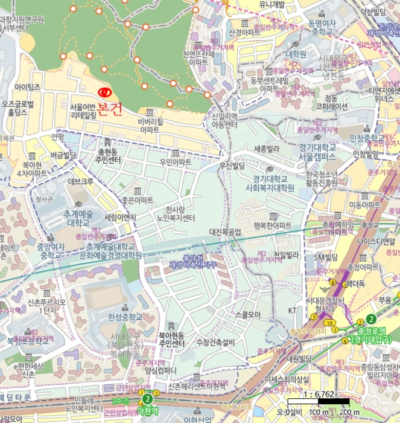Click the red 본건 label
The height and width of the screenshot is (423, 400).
(110, 109)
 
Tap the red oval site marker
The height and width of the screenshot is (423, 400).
(105, 92)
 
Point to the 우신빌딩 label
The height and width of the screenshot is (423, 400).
(232, 165)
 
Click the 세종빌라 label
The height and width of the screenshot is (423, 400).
(267, 149)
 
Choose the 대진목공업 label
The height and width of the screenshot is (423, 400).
(225, 231)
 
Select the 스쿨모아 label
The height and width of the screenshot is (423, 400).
(247, 314)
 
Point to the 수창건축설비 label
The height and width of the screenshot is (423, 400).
(215, 343)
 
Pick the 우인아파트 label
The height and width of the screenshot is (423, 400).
(176, 163)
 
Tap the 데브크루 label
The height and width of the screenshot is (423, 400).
(80, 181)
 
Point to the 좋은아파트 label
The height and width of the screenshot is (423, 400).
(138, 199)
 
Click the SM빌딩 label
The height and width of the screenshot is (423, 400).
(323, 259)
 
